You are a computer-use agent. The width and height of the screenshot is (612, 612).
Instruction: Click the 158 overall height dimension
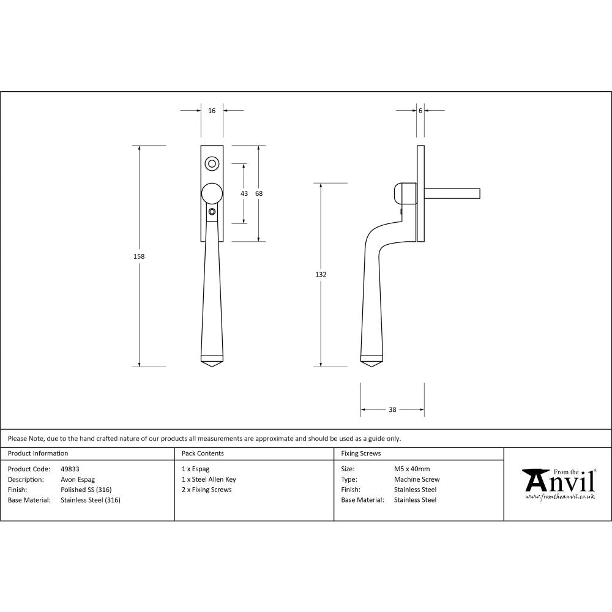(x=139, y=256)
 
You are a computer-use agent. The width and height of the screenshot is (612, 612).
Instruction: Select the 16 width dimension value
(x=212, y=111)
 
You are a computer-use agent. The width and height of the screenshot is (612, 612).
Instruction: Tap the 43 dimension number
(x=244, y=193)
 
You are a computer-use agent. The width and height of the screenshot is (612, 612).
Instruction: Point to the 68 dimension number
(x=259, y=193)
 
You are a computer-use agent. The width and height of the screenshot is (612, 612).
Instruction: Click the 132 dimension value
(x=321, y=275)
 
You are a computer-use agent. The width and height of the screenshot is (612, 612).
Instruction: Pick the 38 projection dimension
(x=392, y=409)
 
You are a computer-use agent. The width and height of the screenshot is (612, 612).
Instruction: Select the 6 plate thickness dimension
(x=420, y=111)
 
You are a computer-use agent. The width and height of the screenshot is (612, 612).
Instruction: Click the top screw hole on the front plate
(x=212, y=163)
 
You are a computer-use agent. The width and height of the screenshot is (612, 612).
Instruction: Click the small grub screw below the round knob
(x=212, y=212)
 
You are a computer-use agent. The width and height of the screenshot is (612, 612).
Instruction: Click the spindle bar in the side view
(x=453, y=193)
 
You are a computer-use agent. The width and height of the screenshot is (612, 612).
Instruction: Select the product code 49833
(x=70, y=469)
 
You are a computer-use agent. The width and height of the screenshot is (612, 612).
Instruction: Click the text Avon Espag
(x=78, y=479)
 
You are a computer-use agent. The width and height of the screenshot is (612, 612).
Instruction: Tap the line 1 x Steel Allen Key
(x=209, y=479)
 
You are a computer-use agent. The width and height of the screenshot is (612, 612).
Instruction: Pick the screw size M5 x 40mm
(x=412, y=469)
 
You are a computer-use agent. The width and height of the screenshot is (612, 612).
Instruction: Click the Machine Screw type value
(x=417, y=479)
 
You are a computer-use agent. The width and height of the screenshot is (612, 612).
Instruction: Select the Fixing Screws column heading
(x=361, y=453)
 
